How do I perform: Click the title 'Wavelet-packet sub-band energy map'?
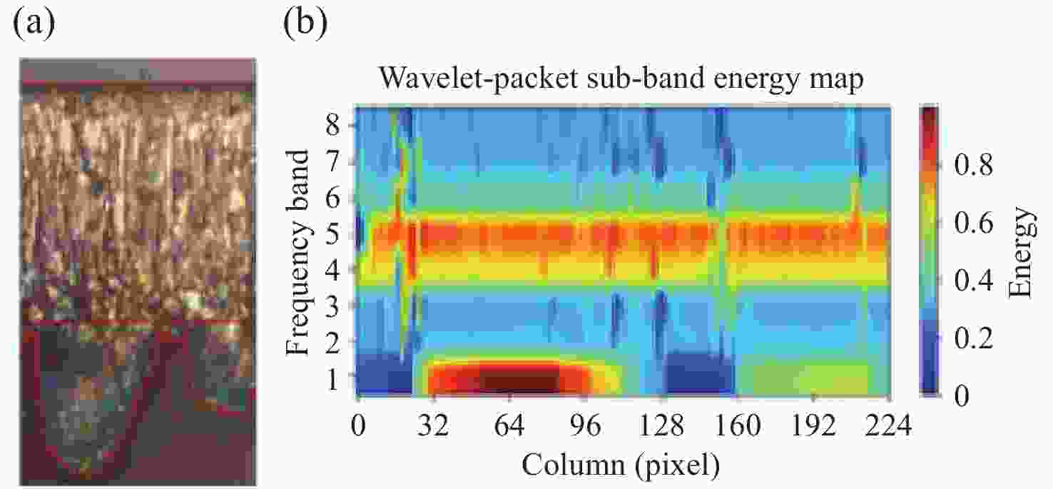point(621,78)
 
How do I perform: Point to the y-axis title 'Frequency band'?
point(300,251)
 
